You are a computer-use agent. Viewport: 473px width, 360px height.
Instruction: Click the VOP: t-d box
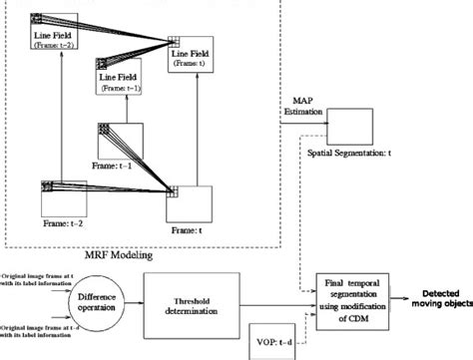276,341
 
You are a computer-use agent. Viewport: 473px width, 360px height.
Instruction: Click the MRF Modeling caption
131,255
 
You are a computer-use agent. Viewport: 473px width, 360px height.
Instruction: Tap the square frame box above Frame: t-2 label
62,199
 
